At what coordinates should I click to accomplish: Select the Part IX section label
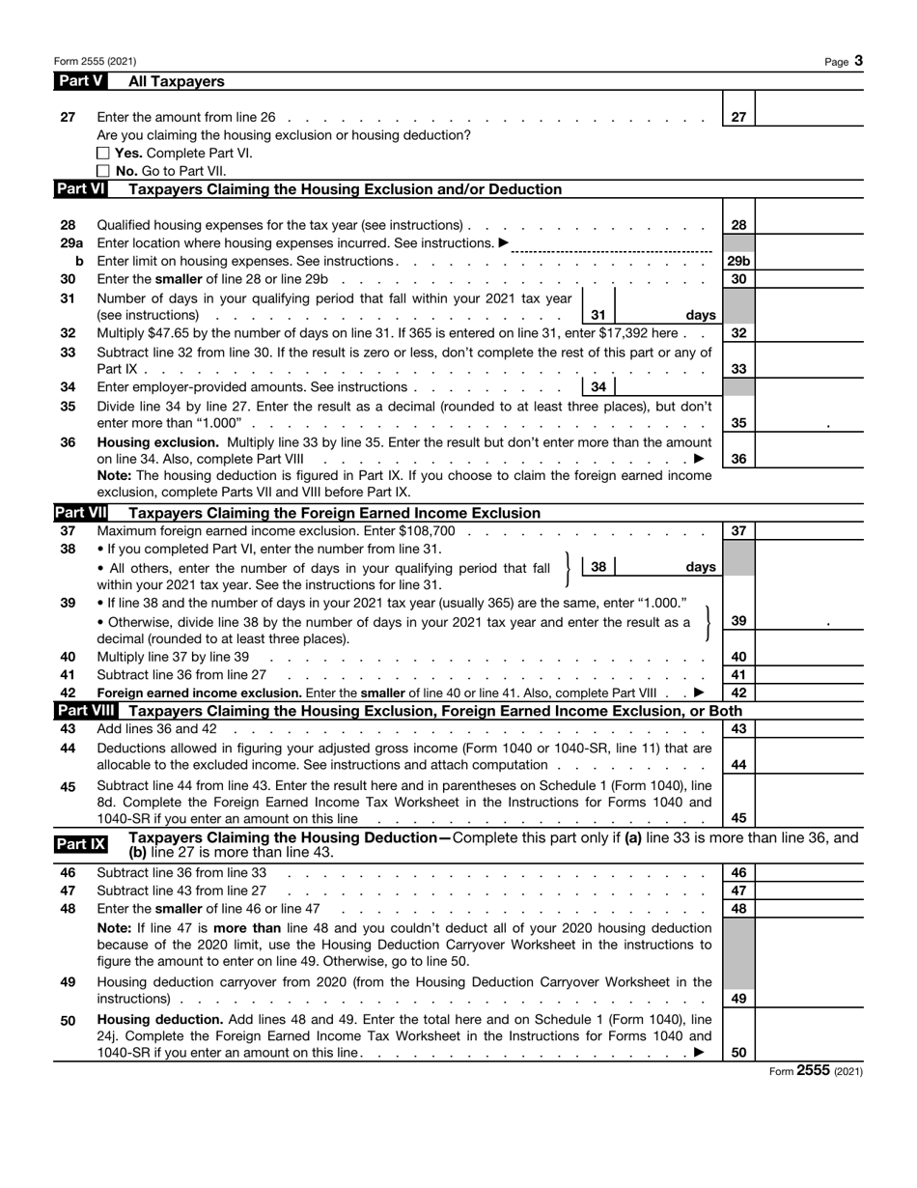tap(81, 845)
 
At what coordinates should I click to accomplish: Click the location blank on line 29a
tap(609, 243)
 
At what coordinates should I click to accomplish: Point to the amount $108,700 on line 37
tap(422, 531)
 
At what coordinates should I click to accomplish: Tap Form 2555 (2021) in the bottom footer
tap(816, 1071)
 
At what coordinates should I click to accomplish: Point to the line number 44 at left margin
tap(68, 749)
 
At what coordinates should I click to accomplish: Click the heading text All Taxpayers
tap(177, 82)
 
